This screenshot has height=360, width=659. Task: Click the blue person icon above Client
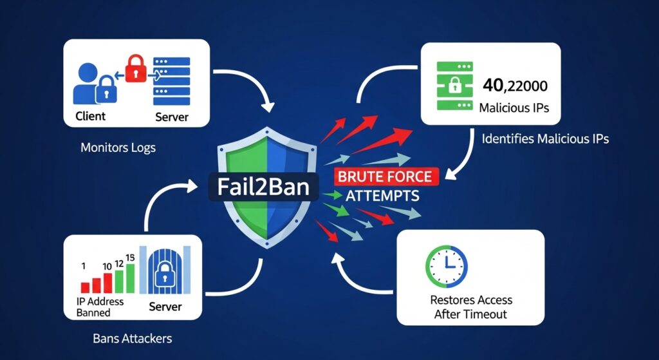tap(91, 81)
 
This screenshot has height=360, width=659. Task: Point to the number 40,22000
tap(514, 84)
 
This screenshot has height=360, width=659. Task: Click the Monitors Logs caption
tap(118, 147)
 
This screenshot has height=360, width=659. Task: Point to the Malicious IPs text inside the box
tap(514, 108)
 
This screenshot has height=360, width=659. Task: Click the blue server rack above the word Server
tap(172, 81)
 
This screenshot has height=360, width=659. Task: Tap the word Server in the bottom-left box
tap(166, 307)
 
